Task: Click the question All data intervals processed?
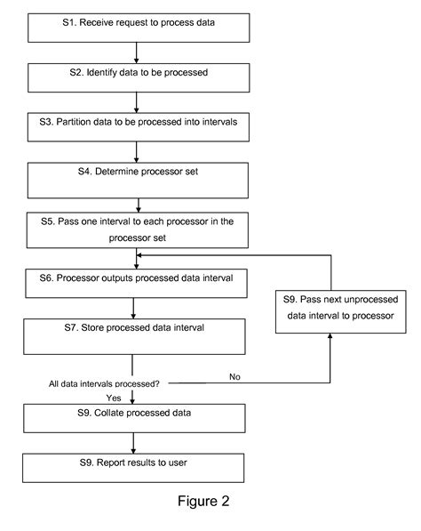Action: coord(104,384)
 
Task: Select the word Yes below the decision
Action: coord(114,397)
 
